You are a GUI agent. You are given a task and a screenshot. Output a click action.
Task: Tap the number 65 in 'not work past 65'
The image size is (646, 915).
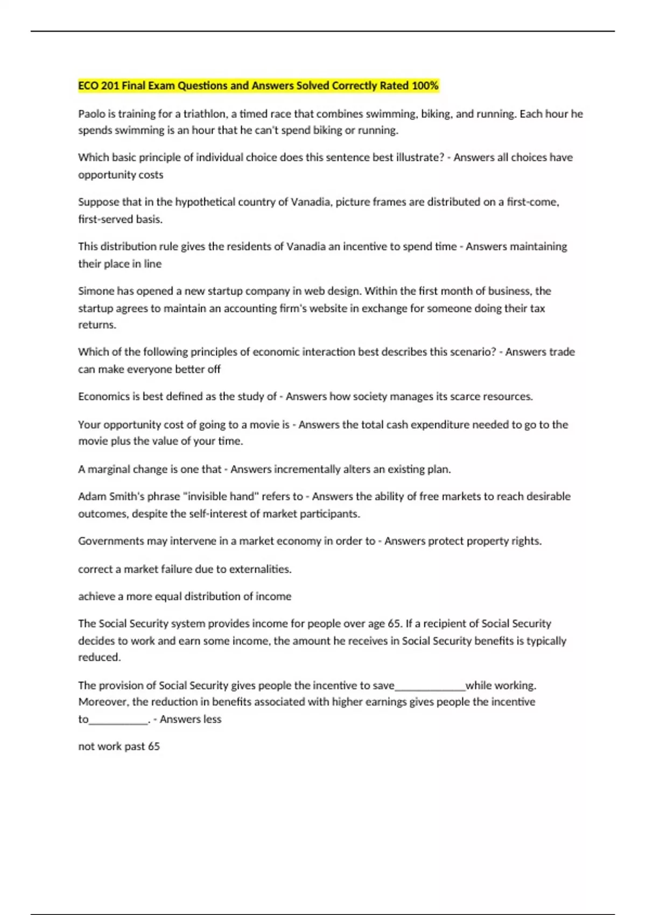153,747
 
